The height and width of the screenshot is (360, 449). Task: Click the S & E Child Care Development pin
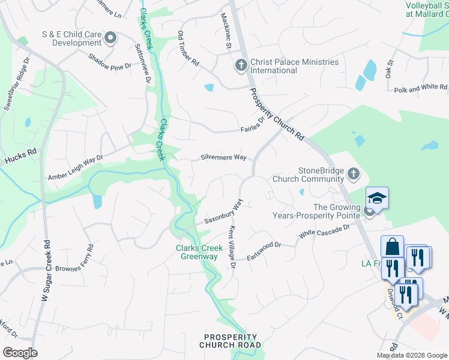click(x=110, y=39)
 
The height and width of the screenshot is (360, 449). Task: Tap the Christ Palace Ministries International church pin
click(x=241, y=65)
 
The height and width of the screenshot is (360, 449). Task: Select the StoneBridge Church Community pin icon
click(x=354, y=175)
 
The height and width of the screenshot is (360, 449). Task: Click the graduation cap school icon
click(x=377, y=198)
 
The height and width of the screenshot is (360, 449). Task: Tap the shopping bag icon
click(x=392, y=247)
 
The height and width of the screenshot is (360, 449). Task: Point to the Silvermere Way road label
click(x=223, y=158)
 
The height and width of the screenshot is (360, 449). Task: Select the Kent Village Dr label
click(x=232, y=246)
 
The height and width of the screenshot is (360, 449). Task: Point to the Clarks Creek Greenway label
click(x=196, y=253)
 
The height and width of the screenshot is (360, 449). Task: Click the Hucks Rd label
click(x=22, y=158)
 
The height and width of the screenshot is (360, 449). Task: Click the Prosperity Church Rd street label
click(x=277, y=115)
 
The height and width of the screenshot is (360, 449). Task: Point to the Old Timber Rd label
click(x=188, y=48)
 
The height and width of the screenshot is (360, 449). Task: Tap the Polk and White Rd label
click(x=420, y=88)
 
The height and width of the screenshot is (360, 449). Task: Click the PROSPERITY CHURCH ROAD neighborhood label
click(x=231, y=341)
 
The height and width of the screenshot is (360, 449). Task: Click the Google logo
click(x=20, y=353)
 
